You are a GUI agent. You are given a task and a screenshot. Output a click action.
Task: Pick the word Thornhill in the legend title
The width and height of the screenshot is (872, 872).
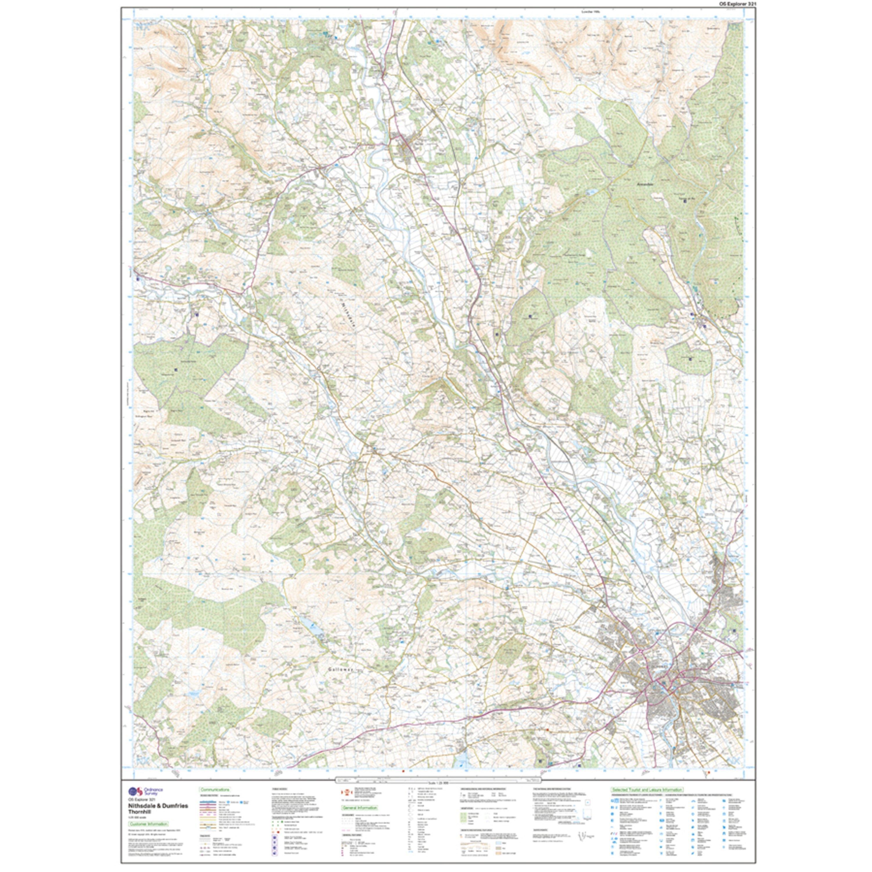pyautogui.click(x=139, y=812)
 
